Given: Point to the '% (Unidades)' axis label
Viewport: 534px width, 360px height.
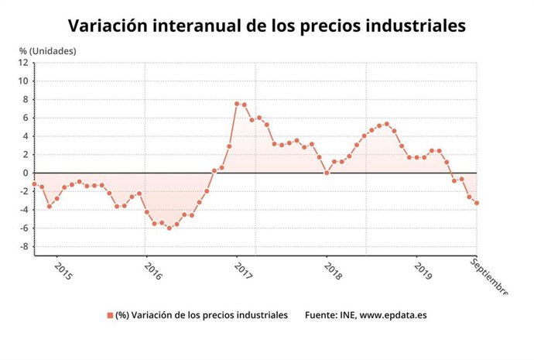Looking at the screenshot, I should [x=48, y=51].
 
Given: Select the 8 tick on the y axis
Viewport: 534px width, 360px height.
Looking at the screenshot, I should [x=26, y=99].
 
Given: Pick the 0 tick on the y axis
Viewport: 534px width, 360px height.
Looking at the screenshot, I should [x=26, y=173].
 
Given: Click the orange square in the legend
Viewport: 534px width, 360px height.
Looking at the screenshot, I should [x=109, y=316].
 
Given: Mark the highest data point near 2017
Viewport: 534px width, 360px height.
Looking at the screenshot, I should [x=237, y=104].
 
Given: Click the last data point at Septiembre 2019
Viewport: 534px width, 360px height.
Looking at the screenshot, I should [x=477, y=203].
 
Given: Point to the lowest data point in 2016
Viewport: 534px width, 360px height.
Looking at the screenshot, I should [x=169, y=228].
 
